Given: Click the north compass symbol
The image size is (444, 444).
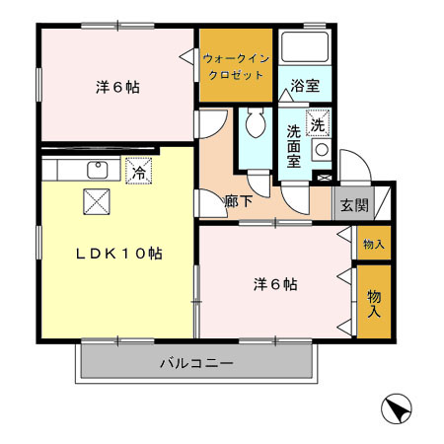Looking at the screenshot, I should (x=394, y=408).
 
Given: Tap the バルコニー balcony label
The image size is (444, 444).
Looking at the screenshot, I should (x=197, y=364).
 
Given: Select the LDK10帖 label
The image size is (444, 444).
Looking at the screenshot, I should (x=120, y=254).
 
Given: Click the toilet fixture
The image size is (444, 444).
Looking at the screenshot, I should (x=255, y=124).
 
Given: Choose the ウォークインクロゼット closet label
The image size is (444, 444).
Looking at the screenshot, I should (x=234, y=67).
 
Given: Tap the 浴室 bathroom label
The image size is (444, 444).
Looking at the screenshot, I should (x=305, y=87).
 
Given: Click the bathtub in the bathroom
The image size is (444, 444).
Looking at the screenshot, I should (x=305, y=47).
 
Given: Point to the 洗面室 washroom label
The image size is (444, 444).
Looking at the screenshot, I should (x=294, y=143).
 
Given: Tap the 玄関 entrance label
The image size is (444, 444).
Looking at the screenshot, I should (x=354, y=205).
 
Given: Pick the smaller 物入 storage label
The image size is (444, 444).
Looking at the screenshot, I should (x=373, y=244).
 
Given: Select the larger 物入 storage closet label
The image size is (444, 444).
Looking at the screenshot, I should (x=374, y=303).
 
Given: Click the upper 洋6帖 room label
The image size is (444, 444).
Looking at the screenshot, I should (x=117, y=87).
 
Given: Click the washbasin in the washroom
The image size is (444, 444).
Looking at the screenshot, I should (x=320, y=150).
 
